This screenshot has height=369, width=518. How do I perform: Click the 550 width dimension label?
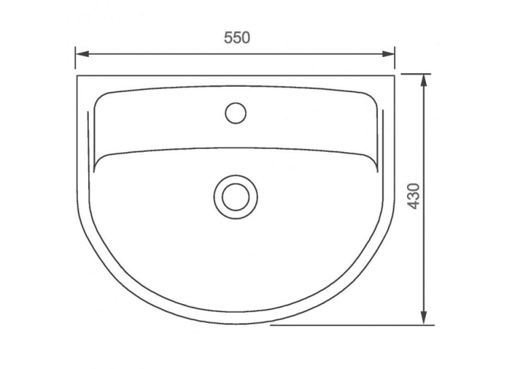coord(237,37)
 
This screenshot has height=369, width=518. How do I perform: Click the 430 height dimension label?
coord(414,196)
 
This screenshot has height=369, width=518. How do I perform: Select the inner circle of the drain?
coord(236,197)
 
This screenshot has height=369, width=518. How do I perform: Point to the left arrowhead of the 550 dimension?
coord(82,54)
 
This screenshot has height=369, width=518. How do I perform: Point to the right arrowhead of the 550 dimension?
coord(388,54)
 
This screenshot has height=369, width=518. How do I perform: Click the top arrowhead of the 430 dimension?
coord(424,81)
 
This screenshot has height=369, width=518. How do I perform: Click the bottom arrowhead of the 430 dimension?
coord(424,318)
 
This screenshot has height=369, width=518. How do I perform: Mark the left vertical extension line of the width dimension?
coord(75,58)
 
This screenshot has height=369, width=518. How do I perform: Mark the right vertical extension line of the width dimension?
coord(395,58)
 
